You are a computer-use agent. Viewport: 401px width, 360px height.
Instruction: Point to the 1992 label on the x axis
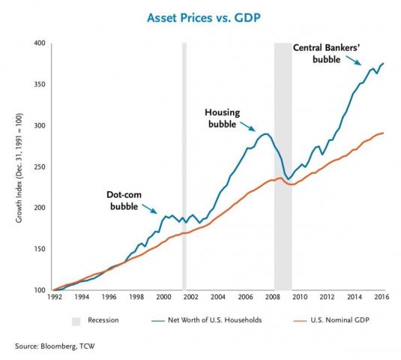pos(54,297)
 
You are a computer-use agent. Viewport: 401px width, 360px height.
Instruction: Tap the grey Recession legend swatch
pos(76,319)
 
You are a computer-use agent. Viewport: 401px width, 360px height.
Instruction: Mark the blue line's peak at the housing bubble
pos(264,133)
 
